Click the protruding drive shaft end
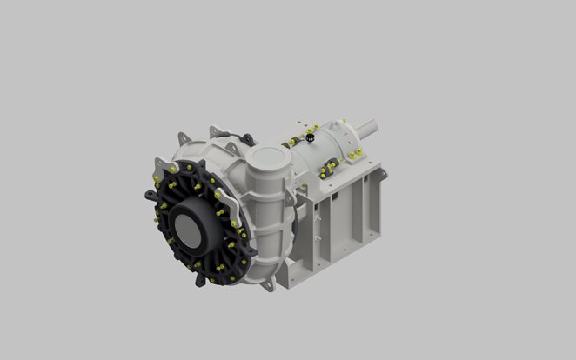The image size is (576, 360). [x=368, y=127]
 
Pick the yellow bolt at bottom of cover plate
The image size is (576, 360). [x=209, y=280]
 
